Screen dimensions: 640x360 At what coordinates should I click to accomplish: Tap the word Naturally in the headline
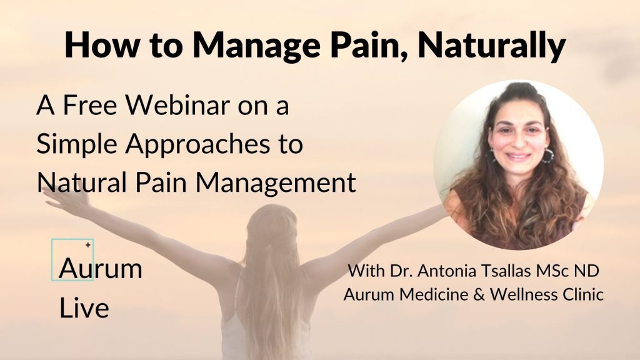coord(491,45)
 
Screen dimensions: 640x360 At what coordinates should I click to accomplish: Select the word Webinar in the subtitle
coord(177,105)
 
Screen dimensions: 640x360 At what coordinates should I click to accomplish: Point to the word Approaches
coord(197,145)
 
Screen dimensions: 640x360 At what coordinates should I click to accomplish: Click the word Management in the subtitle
coord(276,183)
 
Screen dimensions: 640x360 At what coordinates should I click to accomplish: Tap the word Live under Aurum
coord(84,307)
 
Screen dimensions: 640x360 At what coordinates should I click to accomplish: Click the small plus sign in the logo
coord(87,245)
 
